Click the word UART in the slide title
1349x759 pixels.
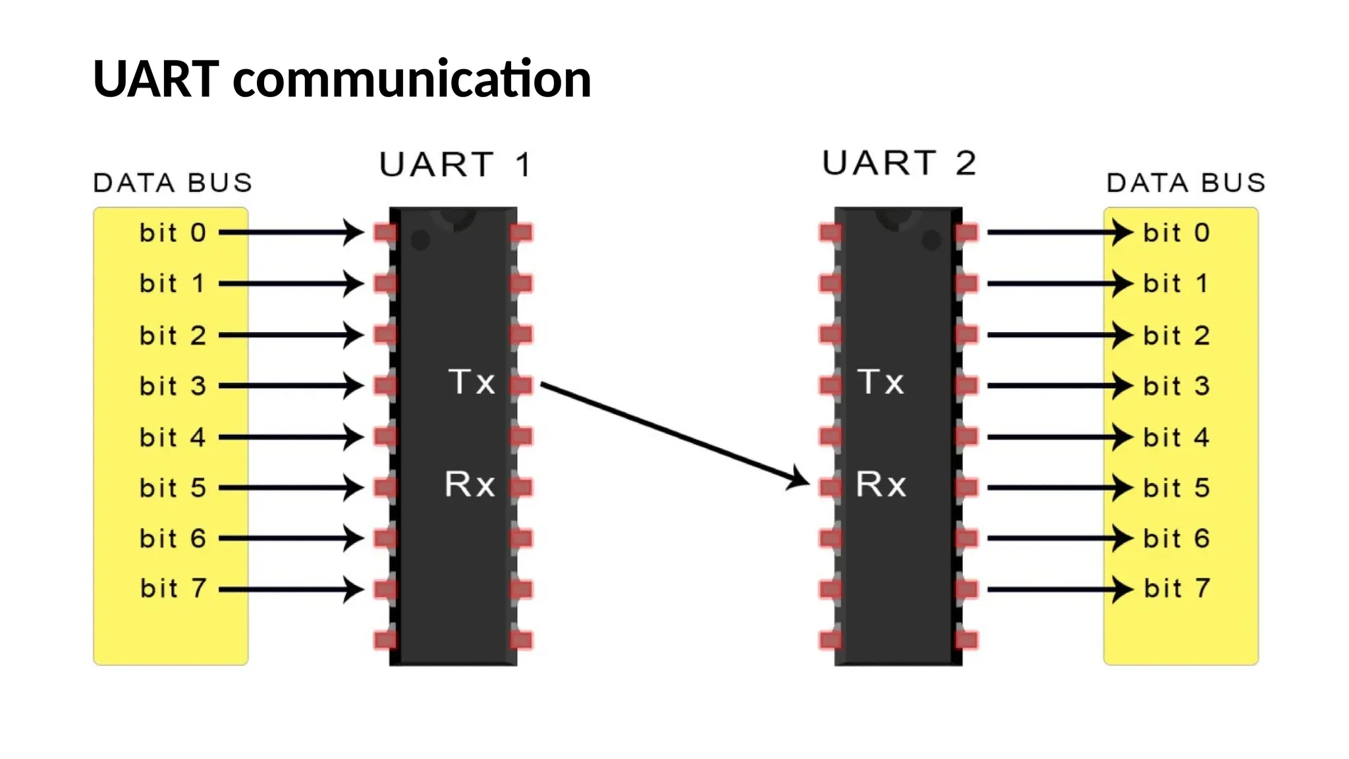tap(156, 79)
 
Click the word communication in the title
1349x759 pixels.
tap(412, 79)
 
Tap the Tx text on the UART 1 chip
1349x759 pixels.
tap(472, 382)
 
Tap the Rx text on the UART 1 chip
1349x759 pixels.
tap(470, 484)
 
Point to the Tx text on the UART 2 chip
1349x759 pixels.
tap(881, 382)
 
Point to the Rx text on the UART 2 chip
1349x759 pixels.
tap(881, 484)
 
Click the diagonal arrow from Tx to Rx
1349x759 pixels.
tap(672, 435)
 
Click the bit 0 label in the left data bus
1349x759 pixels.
tap(173, 233)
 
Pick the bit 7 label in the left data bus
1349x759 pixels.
tap(173, 588)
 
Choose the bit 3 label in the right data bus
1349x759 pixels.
tap(1176, 386)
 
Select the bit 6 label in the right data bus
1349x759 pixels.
tap(1176, 539)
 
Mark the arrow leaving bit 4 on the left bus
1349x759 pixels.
tap(290, 437)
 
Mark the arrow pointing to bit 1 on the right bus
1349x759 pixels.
tap(1057, 284)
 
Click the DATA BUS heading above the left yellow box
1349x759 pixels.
tap(173, 183)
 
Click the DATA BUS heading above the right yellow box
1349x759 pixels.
tap(1186, 183)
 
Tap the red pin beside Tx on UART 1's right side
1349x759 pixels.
tap(521, 385)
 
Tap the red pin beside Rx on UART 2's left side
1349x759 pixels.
tap(831, 488)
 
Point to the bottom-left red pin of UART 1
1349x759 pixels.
tap(386, 640)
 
